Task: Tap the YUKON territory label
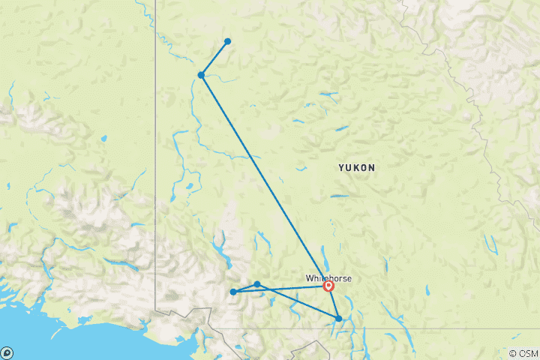357,168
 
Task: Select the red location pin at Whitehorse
328,285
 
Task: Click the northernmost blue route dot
227,41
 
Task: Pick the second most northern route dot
201,75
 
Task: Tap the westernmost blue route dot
233,292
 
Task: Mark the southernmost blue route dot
339,319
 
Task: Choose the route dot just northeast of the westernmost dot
257,284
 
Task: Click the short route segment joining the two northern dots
214,58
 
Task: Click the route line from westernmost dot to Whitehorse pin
281,289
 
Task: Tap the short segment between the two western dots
245,288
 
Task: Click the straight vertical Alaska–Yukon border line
156,150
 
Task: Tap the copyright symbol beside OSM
513,353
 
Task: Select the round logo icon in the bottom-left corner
7,352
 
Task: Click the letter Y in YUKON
341,168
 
